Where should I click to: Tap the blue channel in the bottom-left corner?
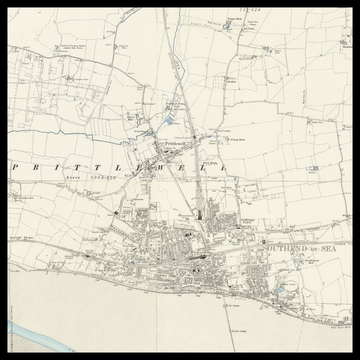click(x=24, y=336)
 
